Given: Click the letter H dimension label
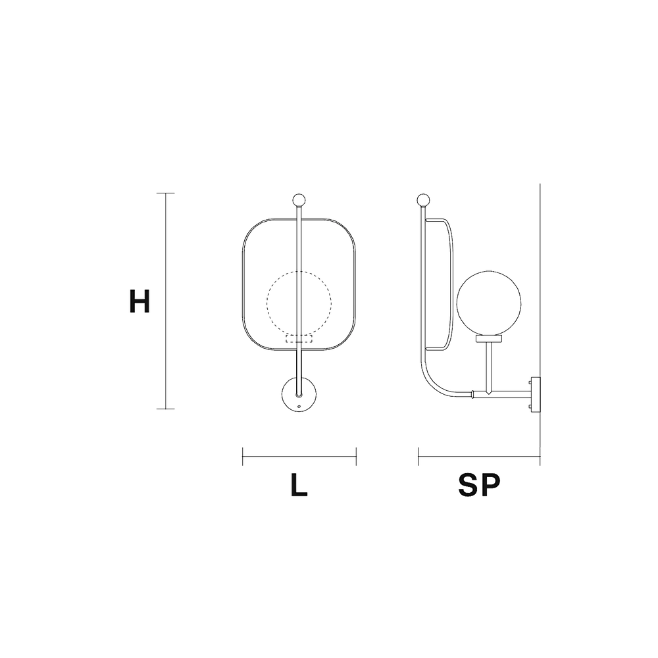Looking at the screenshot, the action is pyautogui.click(x=139, y=301).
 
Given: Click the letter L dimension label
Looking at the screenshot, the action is pyautogui.click(x=299, y=486).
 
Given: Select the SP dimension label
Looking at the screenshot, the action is pyautogui.click(x=479, y=486).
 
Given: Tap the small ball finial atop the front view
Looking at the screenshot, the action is pyautogui.click(x=299, y=200).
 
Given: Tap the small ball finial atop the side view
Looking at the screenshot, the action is pyautogui.click(x=423, y=200).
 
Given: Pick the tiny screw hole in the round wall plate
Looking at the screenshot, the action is pyautogui.click(x=299, y=406).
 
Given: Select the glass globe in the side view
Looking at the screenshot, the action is pyautogui.click(x=488, y=303).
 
